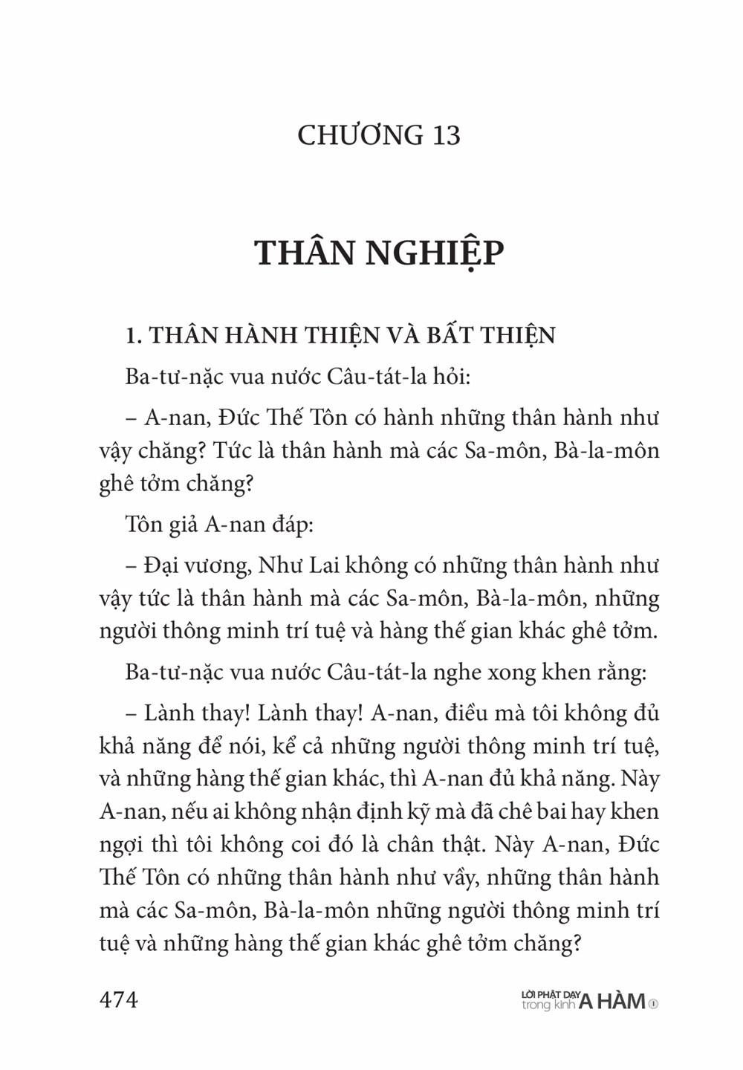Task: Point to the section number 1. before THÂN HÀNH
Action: click(134, 336)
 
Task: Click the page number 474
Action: click(119, 999)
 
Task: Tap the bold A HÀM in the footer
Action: click(612, 1002)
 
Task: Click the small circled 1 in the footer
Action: click(653, 1003)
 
